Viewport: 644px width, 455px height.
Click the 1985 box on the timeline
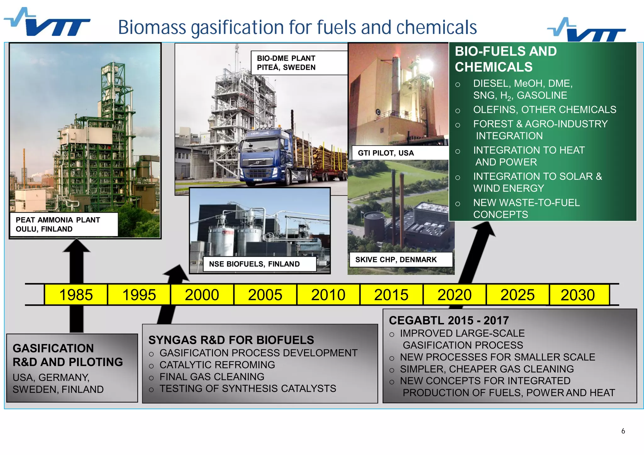click(x=76, y=295)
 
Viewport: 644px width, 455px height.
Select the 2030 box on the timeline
click(x=578, y=295)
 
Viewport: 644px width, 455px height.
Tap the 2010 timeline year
click(x=328, y=295)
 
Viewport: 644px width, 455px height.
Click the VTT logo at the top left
click(x=47, y=23)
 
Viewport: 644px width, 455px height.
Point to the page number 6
click(x=623, y=431)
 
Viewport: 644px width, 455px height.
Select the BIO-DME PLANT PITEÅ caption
click(x=286, y=63)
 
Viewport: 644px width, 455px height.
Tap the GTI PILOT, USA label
click(x=386, y=153)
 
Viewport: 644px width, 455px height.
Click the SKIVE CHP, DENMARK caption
click(x=396, y=260)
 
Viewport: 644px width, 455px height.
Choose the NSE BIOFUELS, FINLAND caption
click(x=254, y=264)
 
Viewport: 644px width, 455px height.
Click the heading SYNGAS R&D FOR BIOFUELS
click(x=231, y=340)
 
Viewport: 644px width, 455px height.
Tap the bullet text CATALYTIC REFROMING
click(x=217, y=365)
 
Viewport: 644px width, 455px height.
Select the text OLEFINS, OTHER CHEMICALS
click(x=544, y=110)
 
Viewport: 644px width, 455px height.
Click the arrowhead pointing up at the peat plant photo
click(x=76, y=246)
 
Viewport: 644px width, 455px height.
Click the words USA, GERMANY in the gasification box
click(x=51, y=377)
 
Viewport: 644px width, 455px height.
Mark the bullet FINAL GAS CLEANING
click(x=212, y=377)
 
